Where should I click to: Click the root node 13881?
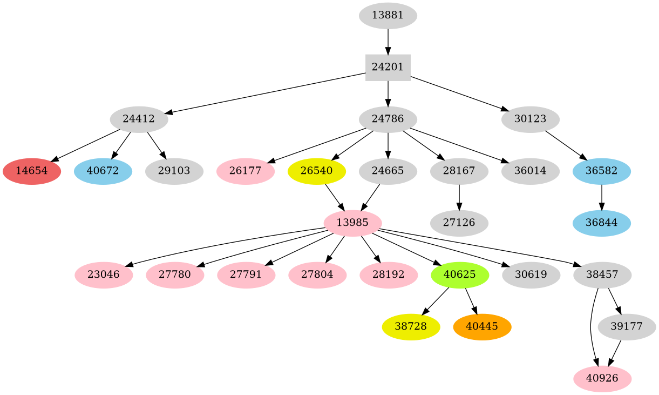388,16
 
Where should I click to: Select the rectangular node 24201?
388,68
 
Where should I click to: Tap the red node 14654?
32,171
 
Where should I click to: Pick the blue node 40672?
103,171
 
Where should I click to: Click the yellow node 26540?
317,171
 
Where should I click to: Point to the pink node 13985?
352,223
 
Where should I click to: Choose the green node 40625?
459,275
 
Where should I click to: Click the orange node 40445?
482,326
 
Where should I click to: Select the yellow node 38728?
411,326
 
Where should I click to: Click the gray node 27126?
459,223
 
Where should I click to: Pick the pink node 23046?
104,275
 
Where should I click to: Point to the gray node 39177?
627,326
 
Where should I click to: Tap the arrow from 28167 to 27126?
459,197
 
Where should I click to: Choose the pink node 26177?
246,171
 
